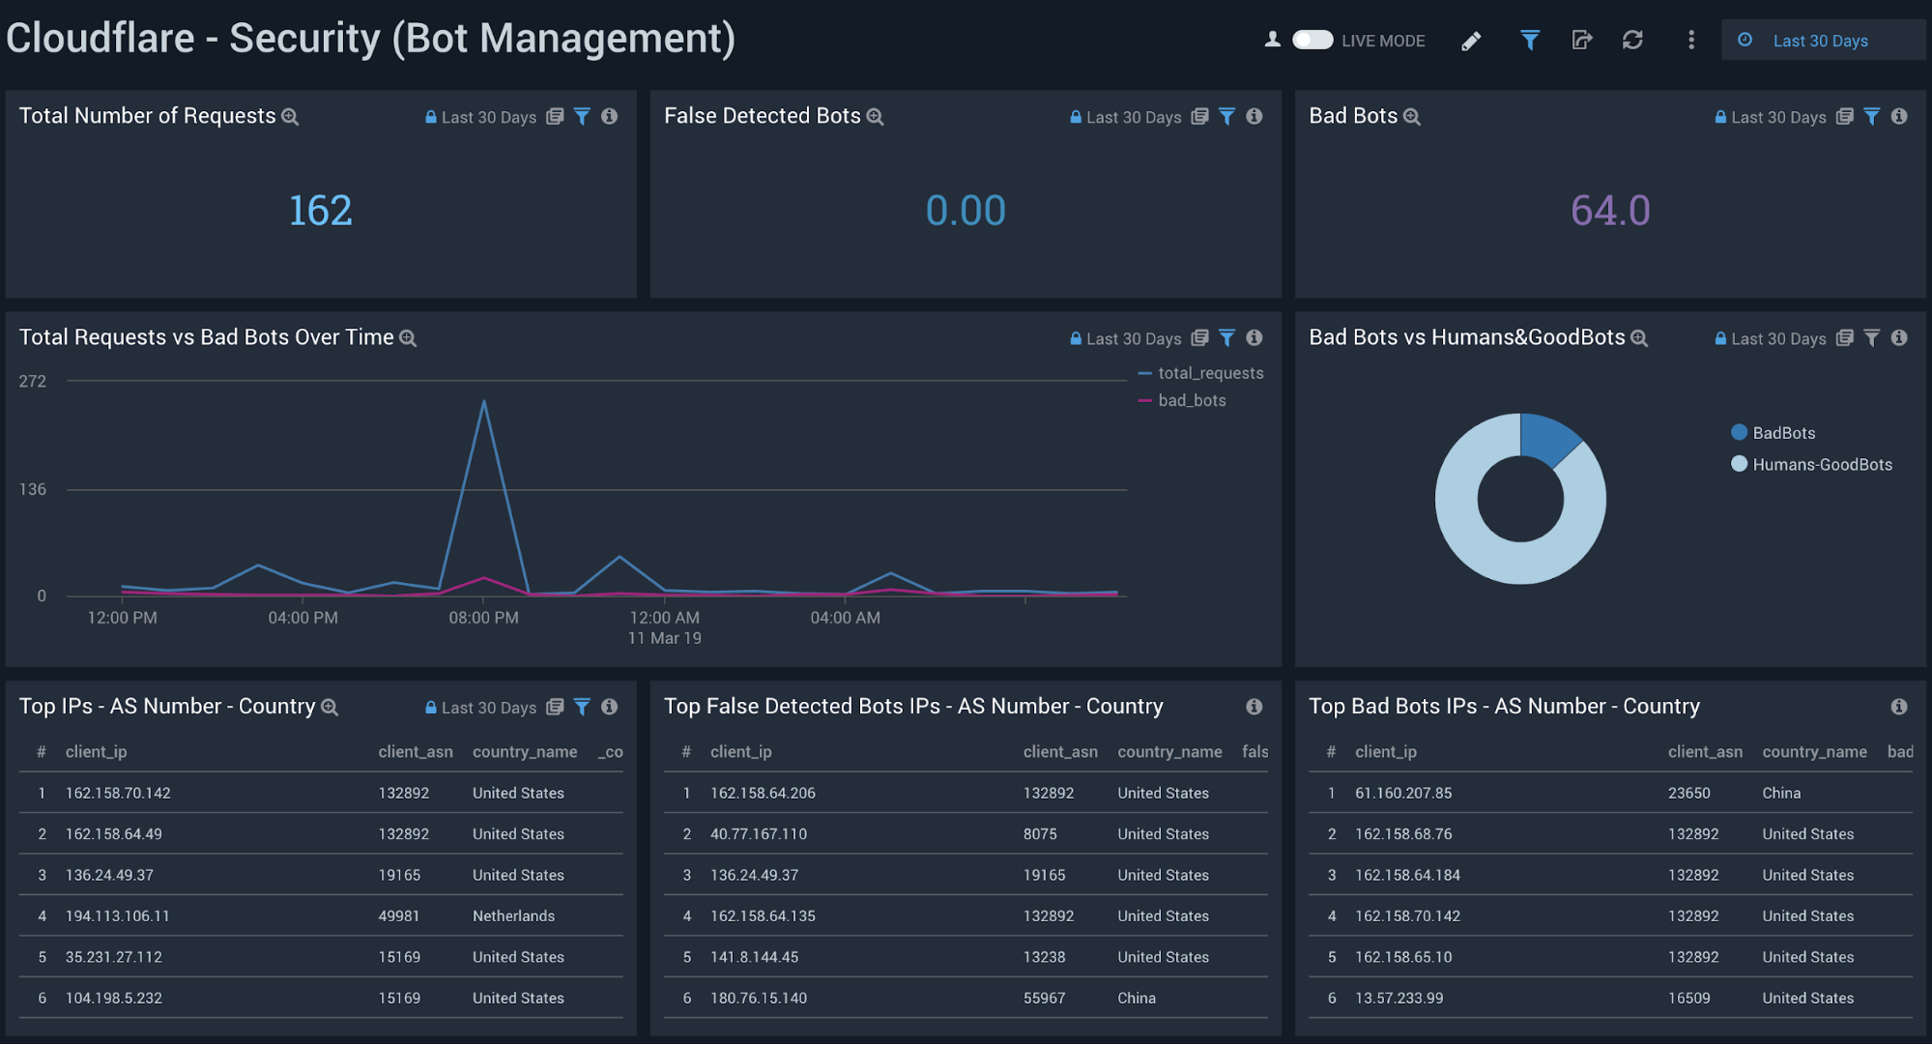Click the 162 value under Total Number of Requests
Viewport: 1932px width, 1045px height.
coord(321,211)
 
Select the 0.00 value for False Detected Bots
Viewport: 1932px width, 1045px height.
coord(966,211)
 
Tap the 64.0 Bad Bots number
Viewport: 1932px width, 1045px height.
coord(1610,211)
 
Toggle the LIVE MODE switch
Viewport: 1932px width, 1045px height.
coord(1312,40)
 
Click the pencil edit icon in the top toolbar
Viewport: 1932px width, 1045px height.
coord(1471,41)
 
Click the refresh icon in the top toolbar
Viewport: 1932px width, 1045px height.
coord(1632,40)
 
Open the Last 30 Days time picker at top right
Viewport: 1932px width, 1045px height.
coord(1820,41)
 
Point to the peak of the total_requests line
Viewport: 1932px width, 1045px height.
coord(483,401)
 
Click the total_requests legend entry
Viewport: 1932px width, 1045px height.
coord(1210,373)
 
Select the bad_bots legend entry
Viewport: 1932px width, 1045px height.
coord(1192,400)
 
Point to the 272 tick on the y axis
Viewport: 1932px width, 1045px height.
coord(33,381)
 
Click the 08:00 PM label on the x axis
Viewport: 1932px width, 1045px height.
coord(483,618)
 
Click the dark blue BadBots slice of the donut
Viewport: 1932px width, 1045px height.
coord(1547,438)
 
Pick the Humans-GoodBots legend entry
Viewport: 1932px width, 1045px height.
coord(1822,464)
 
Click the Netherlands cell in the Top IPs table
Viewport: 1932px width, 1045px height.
coord(513,915)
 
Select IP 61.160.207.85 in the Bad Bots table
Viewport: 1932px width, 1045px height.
coord(1403,793)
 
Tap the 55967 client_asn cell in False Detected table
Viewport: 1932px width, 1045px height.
coord(1044,998)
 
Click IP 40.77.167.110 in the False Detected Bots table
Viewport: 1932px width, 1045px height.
coord(759,833)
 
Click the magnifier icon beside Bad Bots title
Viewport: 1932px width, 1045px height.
coord(1412,117)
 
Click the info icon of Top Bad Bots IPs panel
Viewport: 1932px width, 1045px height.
coord(1899,707)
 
